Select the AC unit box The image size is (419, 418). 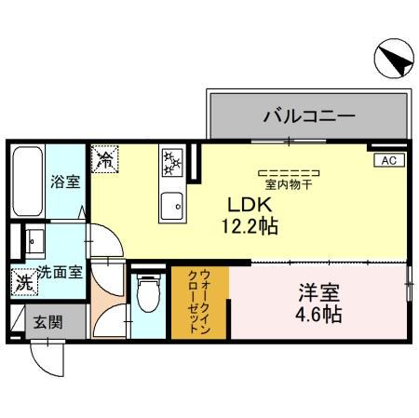click(x=388, y=160)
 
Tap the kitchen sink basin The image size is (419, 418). click(x=172, y=205)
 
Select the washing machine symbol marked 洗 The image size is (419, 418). click(x=20, y=279)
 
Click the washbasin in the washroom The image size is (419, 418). click(x=34, y=243)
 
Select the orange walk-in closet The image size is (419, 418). click(x=199, y=302)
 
